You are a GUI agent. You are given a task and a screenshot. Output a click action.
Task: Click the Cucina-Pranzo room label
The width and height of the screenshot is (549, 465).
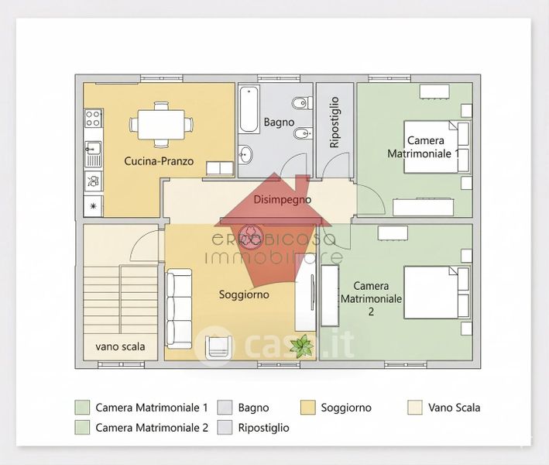tap(159, 162)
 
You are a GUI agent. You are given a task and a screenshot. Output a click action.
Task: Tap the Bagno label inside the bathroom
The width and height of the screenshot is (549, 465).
tap(278, 122)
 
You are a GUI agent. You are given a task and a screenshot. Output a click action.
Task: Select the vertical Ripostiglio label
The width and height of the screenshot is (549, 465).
tap(335, 122)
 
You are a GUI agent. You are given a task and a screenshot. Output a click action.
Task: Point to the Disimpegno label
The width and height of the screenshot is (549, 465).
tap(283, 199)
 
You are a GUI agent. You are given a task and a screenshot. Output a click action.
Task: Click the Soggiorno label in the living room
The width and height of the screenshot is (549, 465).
tap(244, 294)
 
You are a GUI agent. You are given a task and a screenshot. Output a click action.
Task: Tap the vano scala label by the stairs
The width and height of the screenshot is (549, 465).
tap(120, 346)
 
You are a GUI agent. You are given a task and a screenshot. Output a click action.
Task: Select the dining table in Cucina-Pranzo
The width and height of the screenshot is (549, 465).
tap(161, 123)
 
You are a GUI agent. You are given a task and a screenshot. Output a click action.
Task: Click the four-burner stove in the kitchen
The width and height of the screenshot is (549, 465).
tap(93, 119)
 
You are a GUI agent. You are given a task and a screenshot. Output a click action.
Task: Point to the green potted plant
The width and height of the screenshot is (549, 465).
tap(301, 345)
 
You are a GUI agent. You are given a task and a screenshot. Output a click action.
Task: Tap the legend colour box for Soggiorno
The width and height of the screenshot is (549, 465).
tap(307, 408)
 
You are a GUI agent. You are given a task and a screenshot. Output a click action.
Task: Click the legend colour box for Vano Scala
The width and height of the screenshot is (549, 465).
tap(415, 408)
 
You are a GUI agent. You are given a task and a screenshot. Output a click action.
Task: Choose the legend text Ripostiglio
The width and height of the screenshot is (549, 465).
tap(264, 427)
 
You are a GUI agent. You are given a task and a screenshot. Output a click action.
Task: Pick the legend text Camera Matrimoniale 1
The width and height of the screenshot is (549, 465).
tap(152, 408)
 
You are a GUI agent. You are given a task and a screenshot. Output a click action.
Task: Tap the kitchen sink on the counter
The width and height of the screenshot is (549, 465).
tap(93, 148)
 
